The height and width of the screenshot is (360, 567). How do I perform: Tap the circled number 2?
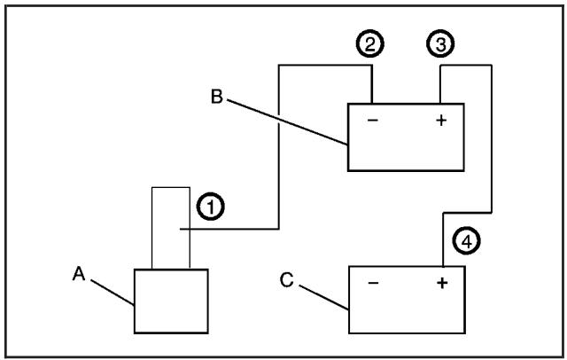click(x=373, y=43)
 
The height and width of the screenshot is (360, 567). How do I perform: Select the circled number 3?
click(x=439, y=43)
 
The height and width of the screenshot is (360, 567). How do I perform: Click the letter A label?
click(x=78, y=276)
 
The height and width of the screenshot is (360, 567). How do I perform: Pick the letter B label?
click(x=216, y=96)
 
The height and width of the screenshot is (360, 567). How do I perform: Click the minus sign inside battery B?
click(x=372, y=121)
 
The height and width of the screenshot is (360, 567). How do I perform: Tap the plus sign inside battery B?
click(x=440, y=121)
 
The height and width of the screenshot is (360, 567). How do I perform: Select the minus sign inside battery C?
click(x=373, y=284)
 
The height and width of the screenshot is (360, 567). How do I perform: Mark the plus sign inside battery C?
click(x=441, y=284)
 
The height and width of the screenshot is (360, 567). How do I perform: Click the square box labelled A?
click(x=171, y=301)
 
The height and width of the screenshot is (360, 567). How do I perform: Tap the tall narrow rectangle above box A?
click(x=170, y=227)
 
